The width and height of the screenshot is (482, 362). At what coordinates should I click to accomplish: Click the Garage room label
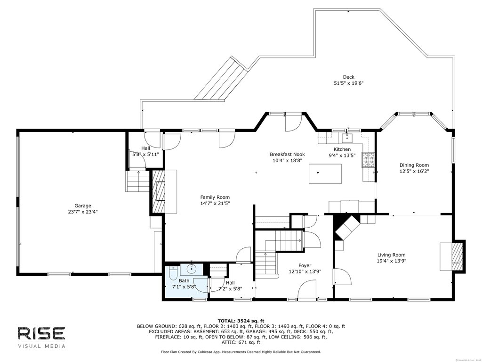(x=83, y=206)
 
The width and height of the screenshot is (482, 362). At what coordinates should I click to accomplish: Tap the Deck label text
(x=349, y=77)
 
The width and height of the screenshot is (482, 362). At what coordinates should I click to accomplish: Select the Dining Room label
(x=414, y=165)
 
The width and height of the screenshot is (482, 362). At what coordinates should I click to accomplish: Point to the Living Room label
(x=391, y=255)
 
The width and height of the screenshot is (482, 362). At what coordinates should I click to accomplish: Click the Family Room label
(x=215, y=197)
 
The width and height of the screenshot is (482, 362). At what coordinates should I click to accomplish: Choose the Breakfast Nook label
(x=288, y=154)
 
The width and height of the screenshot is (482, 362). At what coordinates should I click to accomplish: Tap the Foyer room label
(x=305, y=265)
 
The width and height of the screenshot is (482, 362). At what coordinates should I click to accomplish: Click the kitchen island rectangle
(x=325, y=173)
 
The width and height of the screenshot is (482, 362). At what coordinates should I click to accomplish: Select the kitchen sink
(x=348, y=137)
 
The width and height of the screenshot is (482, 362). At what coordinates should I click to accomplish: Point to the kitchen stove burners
(x=368, y=160)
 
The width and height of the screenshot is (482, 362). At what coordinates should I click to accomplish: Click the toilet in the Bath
(x=173, y=272)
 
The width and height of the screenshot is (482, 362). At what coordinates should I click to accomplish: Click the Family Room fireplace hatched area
(x=159, y=191)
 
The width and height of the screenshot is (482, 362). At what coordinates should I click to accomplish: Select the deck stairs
(x=221, y=80)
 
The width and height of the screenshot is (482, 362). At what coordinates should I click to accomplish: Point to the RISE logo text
(x=41, y=334)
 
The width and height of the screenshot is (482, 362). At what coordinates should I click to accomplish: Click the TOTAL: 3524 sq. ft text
(x=241, y=321)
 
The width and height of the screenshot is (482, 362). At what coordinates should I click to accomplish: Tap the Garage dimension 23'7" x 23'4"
(x=83, y=212)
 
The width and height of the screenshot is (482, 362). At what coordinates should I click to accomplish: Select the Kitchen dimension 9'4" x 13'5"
(x=342, y=156)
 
